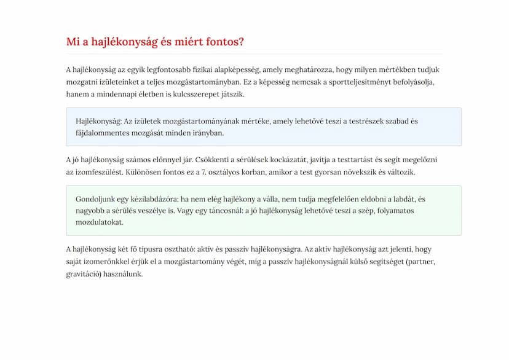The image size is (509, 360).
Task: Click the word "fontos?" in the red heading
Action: [223, 42]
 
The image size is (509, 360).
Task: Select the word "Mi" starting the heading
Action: [73, 42]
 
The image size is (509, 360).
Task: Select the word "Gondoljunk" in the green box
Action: [96, 199]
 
